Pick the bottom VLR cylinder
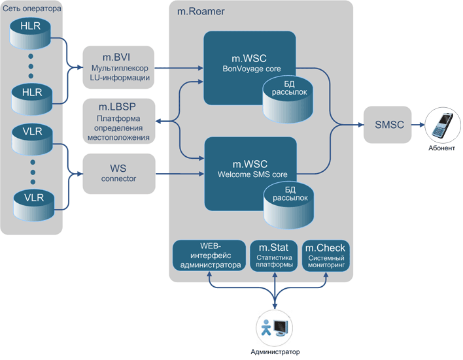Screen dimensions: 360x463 tap(31, 203)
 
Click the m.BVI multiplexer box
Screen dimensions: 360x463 tap(118, 67)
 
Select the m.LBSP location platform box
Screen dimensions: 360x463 tap(118, 120)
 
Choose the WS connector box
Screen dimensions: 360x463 tap(118, 173)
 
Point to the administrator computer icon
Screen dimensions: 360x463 tap(273, 328)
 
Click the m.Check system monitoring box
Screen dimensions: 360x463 tap(326, 256)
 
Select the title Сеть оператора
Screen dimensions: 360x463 tap(31, 9)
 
